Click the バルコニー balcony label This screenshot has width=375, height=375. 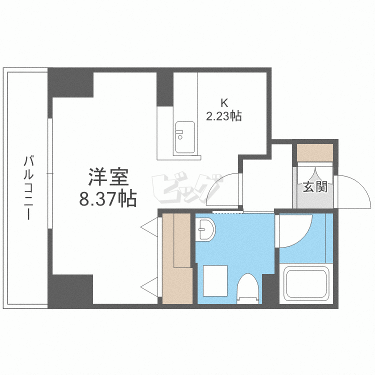tap(29, 187)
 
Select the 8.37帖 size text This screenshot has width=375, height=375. tap(107, 199)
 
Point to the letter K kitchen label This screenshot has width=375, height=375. tap(224, 103)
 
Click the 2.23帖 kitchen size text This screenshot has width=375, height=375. tap(224, 116)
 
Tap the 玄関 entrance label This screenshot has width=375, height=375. tap(315, 187)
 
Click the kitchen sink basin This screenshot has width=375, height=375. tap(185, 137)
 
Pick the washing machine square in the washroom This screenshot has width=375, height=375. tap(215, 279)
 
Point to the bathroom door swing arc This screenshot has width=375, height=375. tap(295, 230)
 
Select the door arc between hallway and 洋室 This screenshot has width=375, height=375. tap(223, 190)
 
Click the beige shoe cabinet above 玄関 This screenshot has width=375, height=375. tap(315, 152)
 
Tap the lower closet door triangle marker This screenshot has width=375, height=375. tap(150, 286)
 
